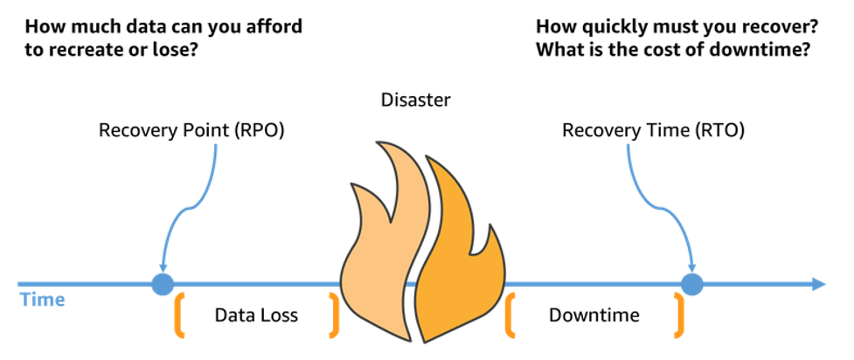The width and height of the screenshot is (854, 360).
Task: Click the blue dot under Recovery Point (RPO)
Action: (x=163, y=284)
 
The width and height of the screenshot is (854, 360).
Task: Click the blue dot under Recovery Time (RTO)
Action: (x=691, y=284)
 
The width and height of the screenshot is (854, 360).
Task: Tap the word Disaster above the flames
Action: (x=416, y=100)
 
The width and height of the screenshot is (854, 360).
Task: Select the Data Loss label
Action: (x=256, y=315)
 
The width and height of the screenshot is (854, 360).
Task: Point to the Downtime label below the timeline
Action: (x=594, y=315)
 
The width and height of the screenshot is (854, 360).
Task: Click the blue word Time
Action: (x=41, y=300)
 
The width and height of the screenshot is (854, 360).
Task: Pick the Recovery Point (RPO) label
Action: (x=191, y=131)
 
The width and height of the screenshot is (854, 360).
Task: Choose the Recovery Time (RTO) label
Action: (x=653, y=131)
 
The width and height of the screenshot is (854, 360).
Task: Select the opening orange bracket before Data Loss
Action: (x=181, y=315)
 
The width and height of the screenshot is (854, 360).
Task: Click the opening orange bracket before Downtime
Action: (x=510, y=315)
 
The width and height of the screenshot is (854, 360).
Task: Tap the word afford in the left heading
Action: (x=274, y=25)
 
